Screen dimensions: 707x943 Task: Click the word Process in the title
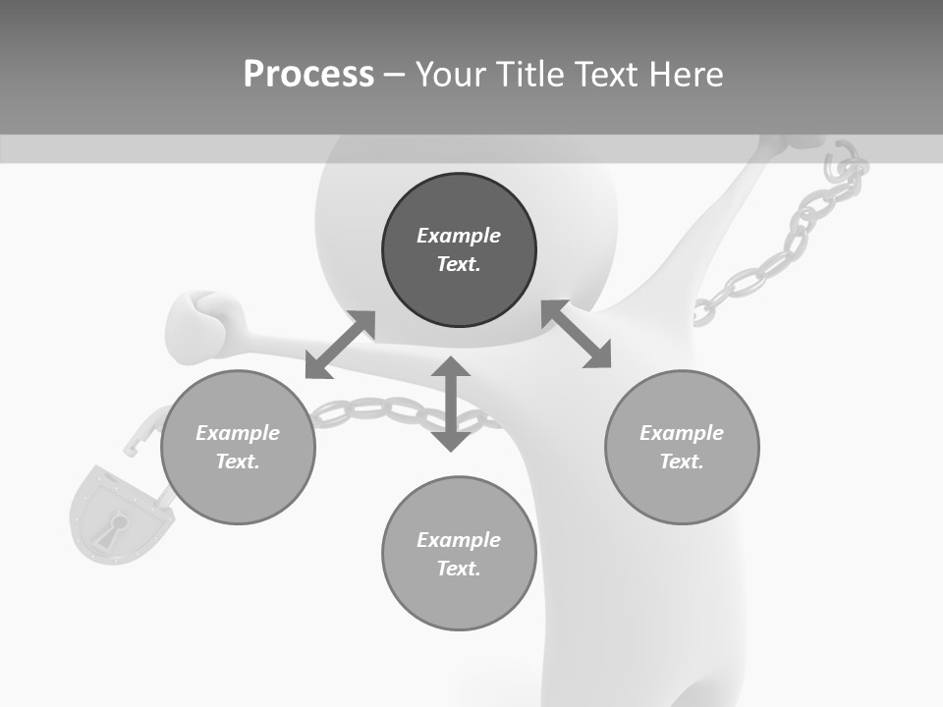308,75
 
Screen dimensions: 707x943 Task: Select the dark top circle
459,250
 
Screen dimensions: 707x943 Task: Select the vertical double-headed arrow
451,404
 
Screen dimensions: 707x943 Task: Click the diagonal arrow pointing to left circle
340,345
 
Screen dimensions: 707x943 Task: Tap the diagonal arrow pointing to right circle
577,334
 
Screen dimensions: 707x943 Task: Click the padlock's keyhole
117,524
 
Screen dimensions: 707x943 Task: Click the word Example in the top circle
459,236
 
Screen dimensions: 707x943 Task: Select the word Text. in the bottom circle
459,569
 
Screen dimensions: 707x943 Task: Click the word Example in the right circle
682,433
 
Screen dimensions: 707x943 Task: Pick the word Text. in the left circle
238,462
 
